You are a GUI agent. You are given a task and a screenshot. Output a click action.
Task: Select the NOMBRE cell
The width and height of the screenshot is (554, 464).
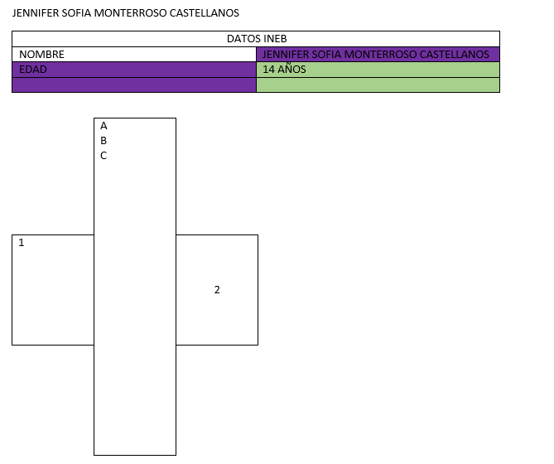tap(134, 55)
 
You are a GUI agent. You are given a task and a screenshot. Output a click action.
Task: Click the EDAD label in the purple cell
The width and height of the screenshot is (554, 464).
tap(33, 70)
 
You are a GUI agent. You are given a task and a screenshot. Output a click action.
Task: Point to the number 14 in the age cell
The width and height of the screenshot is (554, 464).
tap(268, 70)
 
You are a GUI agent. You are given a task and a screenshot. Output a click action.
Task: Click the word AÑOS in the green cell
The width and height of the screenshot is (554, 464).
tap(291, 69)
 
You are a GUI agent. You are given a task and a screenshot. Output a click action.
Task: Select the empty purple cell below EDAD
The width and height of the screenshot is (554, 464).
tap(134, 85)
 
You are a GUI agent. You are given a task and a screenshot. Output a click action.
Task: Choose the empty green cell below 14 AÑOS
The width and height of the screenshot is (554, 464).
tap(378, 85)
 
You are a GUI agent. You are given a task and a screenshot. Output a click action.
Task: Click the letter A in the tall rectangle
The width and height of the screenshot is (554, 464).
tap(104, 126)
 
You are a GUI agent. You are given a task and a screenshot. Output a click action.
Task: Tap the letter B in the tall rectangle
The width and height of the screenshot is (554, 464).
tap(104, 141)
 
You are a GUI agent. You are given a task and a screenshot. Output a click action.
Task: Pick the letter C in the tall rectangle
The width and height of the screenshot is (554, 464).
tap(104, 156)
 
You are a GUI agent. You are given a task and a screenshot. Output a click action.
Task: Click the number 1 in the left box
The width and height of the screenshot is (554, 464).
tap(22, 243)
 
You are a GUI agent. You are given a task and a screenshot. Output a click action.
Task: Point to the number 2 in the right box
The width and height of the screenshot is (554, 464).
tap(217, 290)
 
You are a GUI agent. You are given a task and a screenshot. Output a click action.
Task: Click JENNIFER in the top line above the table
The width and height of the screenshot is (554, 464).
tap(36, 13)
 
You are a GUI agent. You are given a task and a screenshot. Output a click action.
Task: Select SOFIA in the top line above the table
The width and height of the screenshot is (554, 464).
tap(76, 13)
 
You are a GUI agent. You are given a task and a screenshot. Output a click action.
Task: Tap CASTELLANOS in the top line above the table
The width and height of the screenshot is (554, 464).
tap(205, 13)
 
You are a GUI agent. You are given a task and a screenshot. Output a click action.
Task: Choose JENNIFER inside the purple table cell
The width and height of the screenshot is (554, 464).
tap(286, 55)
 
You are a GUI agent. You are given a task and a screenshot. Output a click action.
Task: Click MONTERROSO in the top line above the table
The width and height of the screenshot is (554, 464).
tap(130, 13)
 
